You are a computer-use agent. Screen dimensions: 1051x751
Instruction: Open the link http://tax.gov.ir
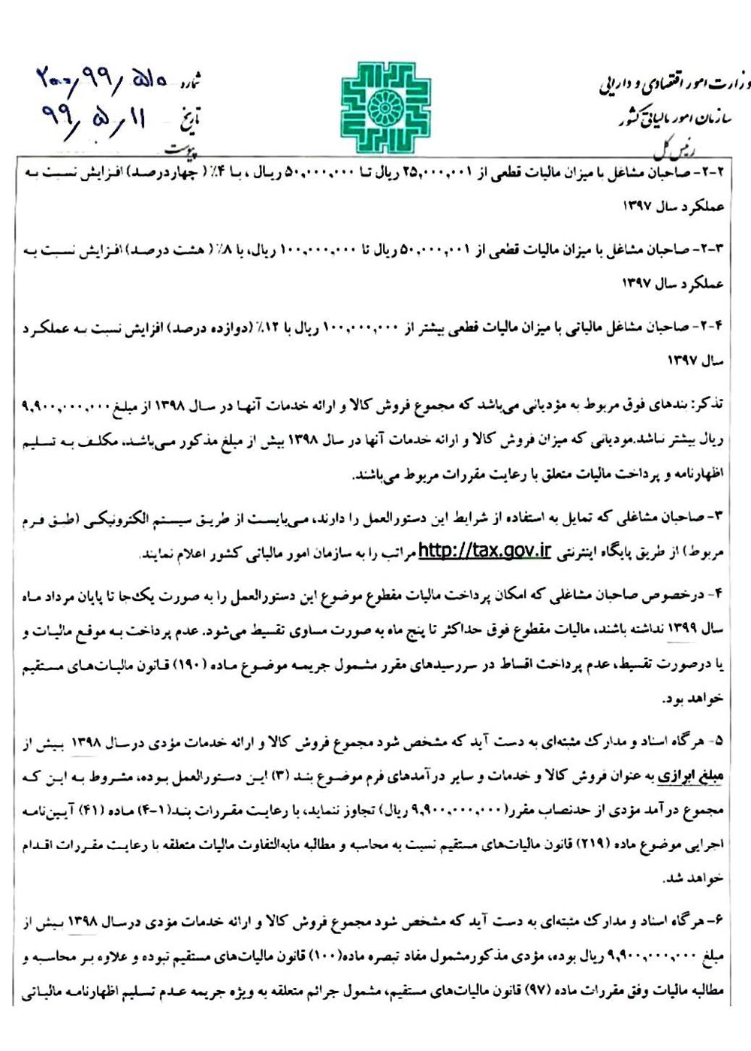pos(485,551)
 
